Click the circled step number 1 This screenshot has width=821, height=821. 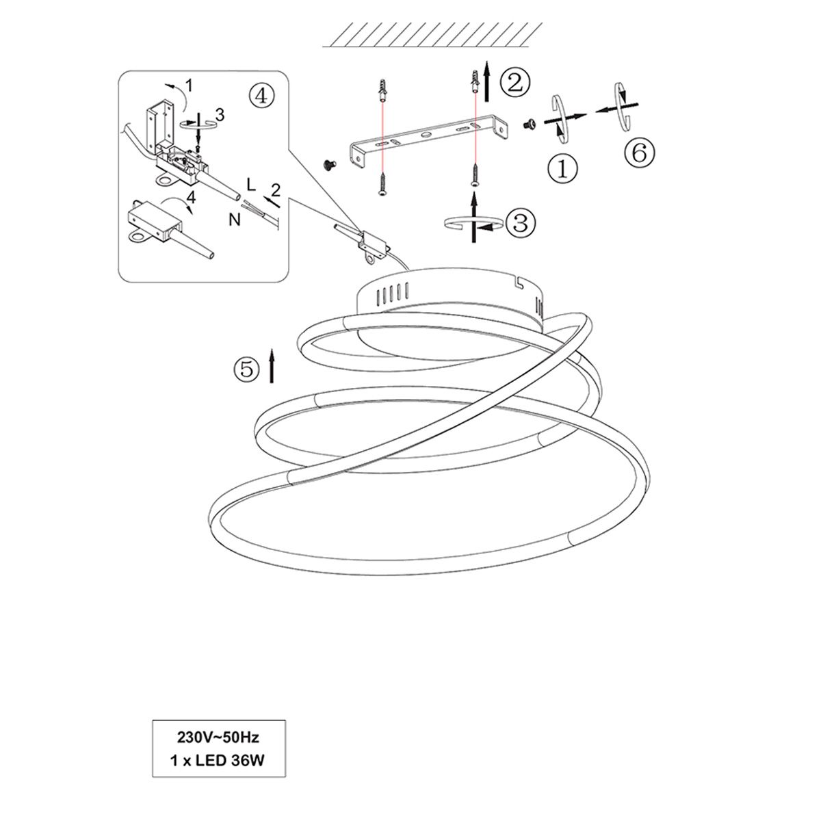point(562,169)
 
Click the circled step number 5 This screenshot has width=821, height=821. point(247,369)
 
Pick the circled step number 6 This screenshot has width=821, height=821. point(640,153)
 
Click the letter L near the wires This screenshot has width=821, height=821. point(251,185)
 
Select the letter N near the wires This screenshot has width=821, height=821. point(235,220)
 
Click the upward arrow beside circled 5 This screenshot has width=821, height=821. point(272,365)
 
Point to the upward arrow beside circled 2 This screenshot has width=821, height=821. point(487,81)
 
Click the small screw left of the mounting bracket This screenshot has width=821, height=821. point(329,164)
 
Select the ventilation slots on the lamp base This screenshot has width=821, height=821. point(392,294)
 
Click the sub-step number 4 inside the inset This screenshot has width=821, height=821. point(192,196)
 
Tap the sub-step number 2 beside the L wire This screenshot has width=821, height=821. point(276,190)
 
